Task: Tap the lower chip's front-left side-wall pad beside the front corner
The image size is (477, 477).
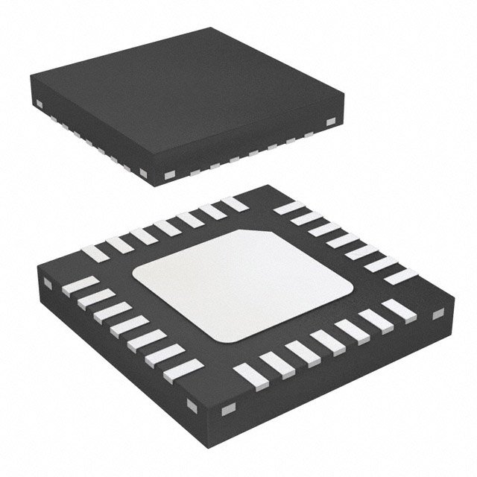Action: pyautogui.click(x=193, y=405)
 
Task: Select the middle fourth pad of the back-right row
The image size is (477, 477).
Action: pyautogui.click(x=346, y=242)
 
